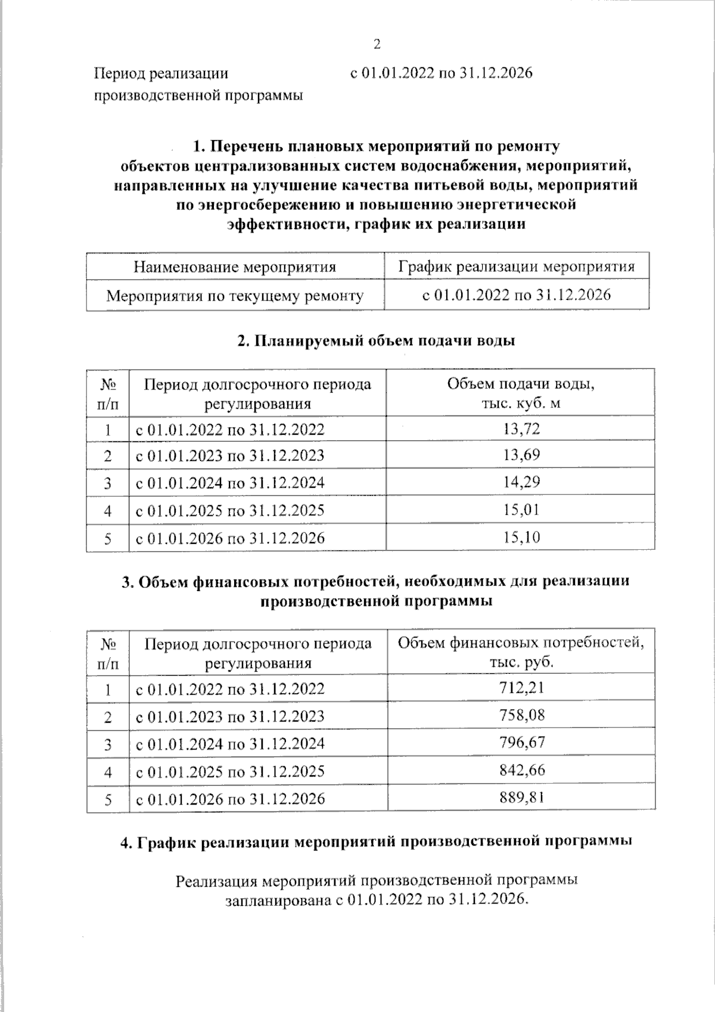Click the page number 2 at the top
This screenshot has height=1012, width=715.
coord(377,44)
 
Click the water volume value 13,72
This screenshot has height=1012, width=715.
coord(521,429)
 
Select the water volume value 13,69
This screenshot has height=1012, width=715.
coord(521,456)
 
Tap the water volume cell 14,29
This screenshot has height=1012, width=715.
coord(521,482)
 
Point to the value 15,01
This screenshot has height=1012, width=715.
coord(521,510)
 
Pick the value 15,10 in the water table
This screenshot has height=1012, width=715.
coord(521,537)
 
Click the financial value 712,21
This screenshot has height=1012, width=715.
coord(522,688)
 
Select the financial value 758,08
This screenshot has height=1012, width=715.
coord(522,715)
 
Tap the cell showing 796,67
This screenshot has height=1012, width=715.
coord(522,742)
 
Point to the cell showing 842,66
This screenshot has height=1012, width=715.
coord(522,770)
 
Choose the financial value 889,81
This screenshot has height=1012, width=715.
coord(522,798)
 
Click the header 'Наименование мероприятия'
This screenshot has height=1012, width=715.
coord(235,267)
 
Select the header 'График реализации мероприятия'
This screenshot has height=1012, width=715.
coord(517,267)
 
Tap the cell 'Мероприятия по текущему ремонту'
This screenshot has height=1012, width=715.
coord(235,295)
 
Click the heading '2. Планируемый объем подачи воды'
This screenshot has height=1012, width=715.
coord(377,341)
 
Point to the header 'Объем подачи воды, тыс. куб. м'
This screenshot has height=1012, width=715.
coord(521,393)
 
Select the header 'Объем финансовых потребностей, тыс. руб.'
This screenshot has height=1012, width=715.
coord(521,652)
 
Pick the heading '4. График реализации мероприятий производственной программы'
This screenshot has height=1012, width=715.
coord(377,841)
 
